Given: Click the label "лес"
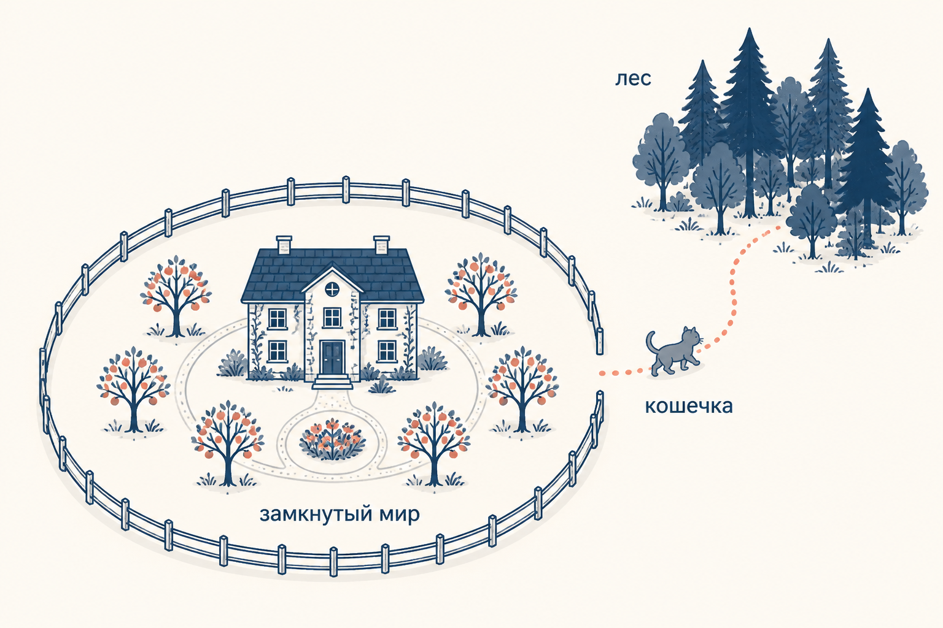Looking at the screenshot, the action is pyautogui.click(x=633, y=78).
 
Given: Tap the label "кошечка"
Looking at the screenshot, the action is pyautogui.click(x=689, y=407).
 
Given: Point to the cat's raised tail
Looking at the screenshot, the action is pyautogui.click(x=651, y=343).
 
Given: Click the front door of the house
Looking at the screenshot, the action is pyautogui.click(x=332, y=358).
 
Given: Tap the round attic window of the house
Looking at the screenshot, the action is pyautogui.click(x=333, y=289).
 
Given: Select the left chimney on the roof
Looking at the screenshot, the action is pyautogui.click(x=284, y=243).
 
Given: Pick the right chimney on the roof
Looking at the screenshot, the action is pyautogui.click(x=381, y=244).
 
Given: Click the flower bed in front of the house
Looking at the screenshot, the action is pyautogui.click(x=333, y=438).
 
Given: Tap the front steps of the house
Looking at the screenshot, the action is pyautogui.click(x=333, y=381).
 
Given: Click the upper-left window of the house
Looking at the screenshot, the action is pyautogui.click(x=277, y=318).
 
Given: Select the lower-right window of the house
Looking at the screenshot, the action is pyautogui.click(x=387, y=351).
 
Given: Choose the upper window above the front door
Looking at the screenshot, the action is pyautogui.click(x=332, y=317).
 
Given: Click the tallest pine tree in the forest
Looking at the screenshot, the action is pyautogui.click(x=750, y=122).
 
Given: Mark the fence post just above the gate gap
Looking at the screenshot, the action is pyautogui.click(x=599, y=341).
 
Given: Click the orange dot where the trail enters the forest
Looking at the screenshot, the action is pyautogui.click(x=778, y=228).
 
